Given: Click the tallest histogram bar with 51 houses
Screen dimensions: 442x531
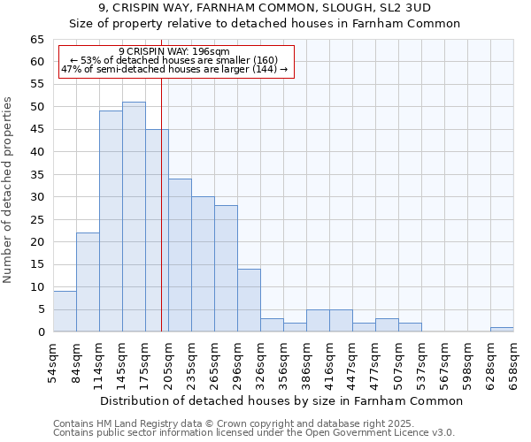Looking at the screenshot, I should coord(134,217).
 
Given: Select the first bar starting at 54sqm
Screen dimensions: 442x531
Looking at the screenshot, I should coord(65,311).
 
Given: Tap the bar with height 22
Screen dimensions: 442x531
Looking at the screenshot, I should coord(88,282).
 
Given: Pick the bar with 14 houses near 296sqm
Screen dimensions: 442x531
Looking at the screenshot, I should coord(249,301).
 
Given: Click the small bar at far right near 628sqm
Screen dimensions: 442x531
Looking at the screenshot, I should coord(502,330).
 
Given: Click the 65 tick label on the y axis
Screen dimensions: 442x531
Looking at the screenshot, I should coord(37,40).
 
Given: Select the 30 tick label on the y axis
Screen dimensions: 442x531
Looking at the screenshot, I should coord(37,197).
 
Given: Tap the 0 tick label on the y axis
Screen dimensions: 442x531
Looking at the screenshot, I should coord(41,332).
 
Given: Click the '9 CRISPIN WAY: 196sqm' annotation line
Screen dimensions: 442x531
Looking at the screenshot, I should coord(173,52).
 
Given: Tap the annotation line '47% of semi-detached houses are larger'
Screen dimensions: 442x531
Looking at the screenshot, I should coord(174,69).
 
